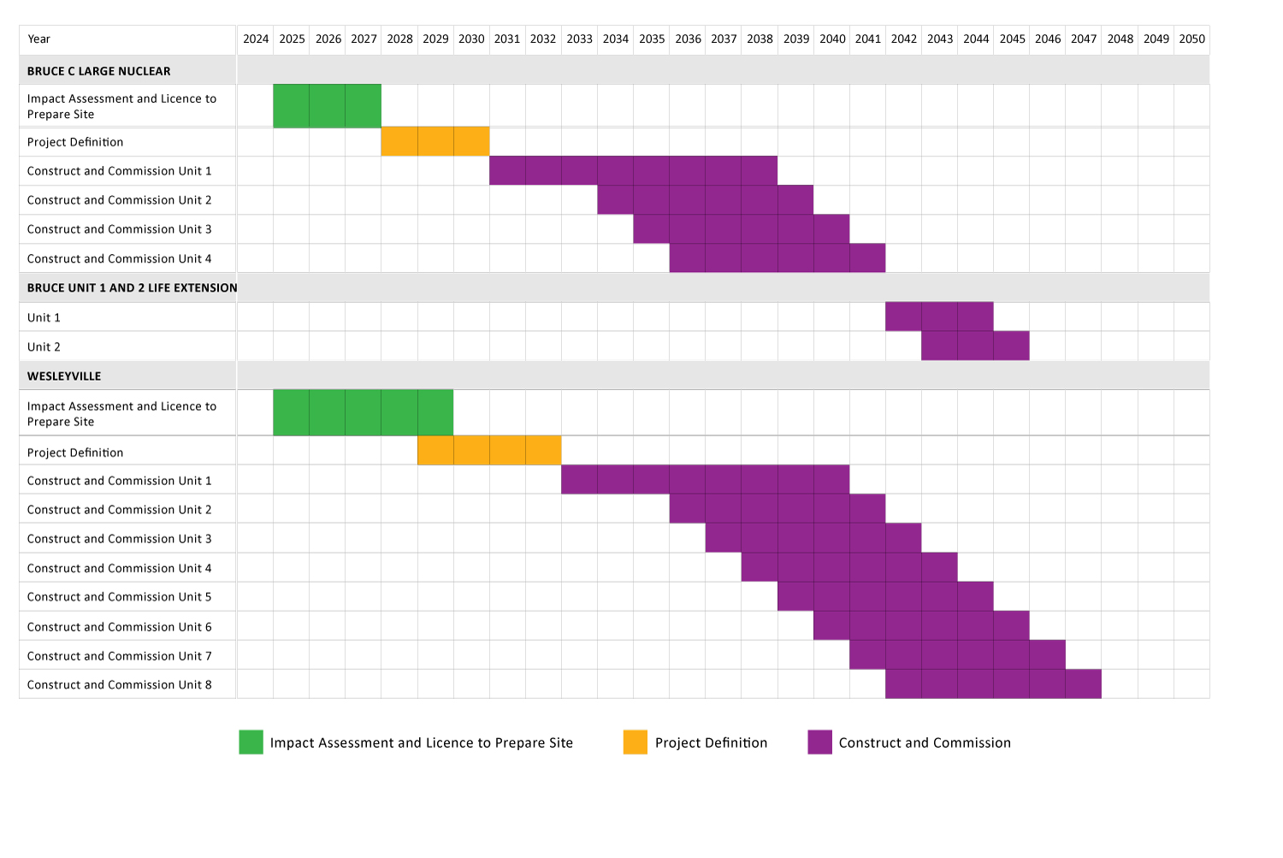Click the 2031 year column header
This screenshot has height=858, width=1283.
[507, 39]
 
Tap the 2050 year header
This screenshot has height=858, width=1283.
[1191, 39]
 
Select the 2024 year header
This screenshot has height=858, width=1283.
[256, 39]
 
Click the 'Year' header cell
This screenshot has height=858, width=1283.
[39, 39]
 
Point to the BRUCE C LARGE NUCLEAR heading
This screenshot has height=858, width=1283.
[99, 71]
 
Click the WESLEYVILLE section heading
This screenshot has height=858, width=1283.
[64, 376]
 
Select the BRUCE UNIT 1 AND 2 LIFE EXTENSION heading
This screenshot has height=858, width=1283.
[133, 288]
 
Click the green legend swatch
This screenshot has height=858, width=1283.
[251, 743]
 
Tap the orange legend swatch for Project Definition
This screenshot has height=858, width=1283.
[636, 743]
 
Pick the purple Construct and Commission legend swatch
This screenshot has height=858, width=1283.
[819, 743]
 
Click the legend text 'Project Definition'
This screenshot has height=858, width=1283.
[711, 743]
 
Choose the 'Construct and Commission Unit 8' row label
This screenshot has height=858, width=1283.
[120, 685]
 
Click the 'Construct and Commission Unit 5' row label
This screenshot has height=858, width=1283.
[120, 597]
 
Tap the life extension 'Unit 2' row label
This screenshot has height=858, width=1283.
[44, 347]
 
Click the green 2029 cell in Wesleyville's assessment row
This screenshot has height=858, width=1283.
[435, 413]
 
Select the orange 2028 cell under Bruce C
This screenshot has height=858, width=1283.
[399, 142]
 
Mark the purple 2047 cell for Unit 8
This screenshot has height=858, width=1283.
[1084, 684]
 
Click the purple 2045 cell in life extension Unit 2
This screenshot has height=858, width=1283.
[1012, 346]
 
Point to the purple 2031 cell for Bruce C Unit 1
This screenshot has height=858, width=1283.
[507, 171]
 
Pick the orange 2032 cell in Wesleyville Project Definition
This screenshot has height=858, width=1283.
[543, 451]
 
